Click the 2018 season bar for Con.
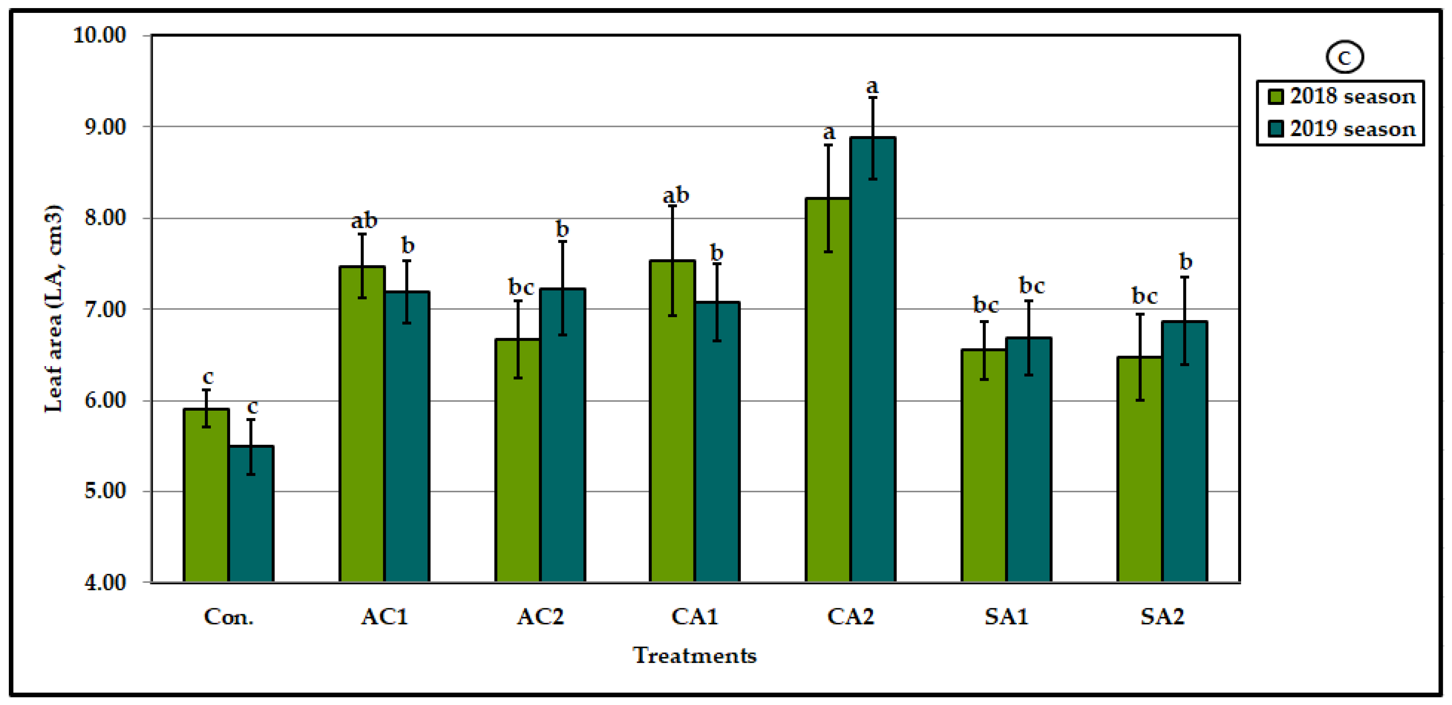[x=206, y=496]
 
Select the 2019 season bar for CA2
[x=873, y=361]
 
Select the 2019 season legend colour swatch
[x=1276, y=129]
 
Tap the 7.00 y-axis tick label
[x=105, y=309]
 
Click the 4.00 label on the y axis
[x=105, y=582]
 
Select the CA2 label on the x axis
[x=851, y=617]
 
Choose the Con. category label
[x=228, y=617]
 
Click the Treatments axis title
[x=695, y=655]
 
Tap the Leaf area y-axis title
[x=53, y=309]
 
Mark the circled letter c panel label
[x=1344, y=57]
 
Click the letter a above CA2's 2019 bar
[x=872, y=87]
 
